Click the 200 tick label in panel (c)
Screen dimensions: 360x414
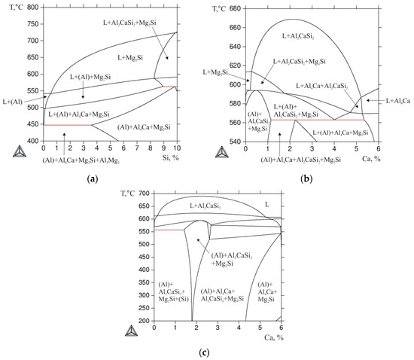[142, 320]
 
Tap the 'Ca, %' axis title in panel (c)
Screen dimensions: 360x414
[263, 336]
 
